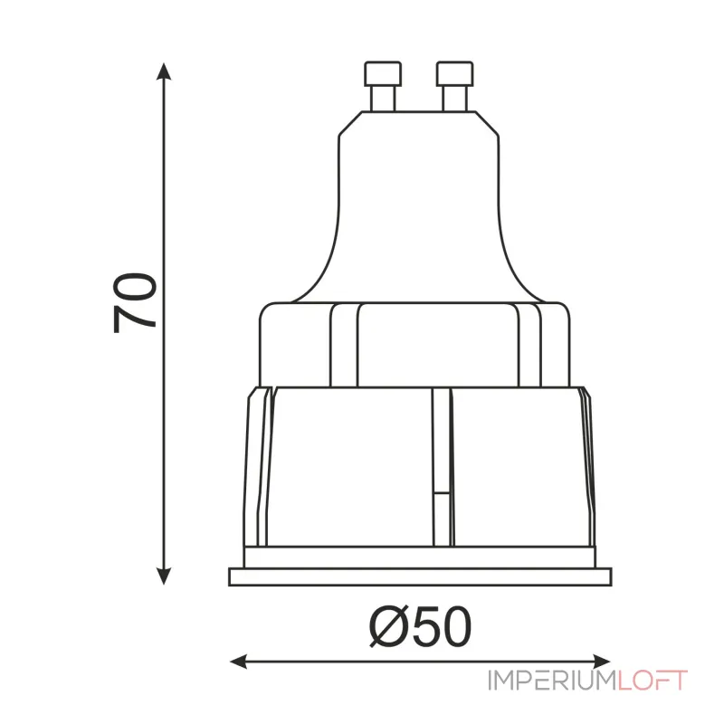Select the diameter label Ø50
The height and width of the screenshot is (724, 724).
point(422,624)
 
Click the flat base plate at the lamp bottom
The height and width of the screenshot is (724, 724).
point(421,577)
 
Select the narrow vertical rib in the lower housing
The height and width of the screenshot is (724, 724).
point(441,466)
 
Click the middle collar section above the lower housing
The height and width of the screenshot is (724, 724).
point(416,344)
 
